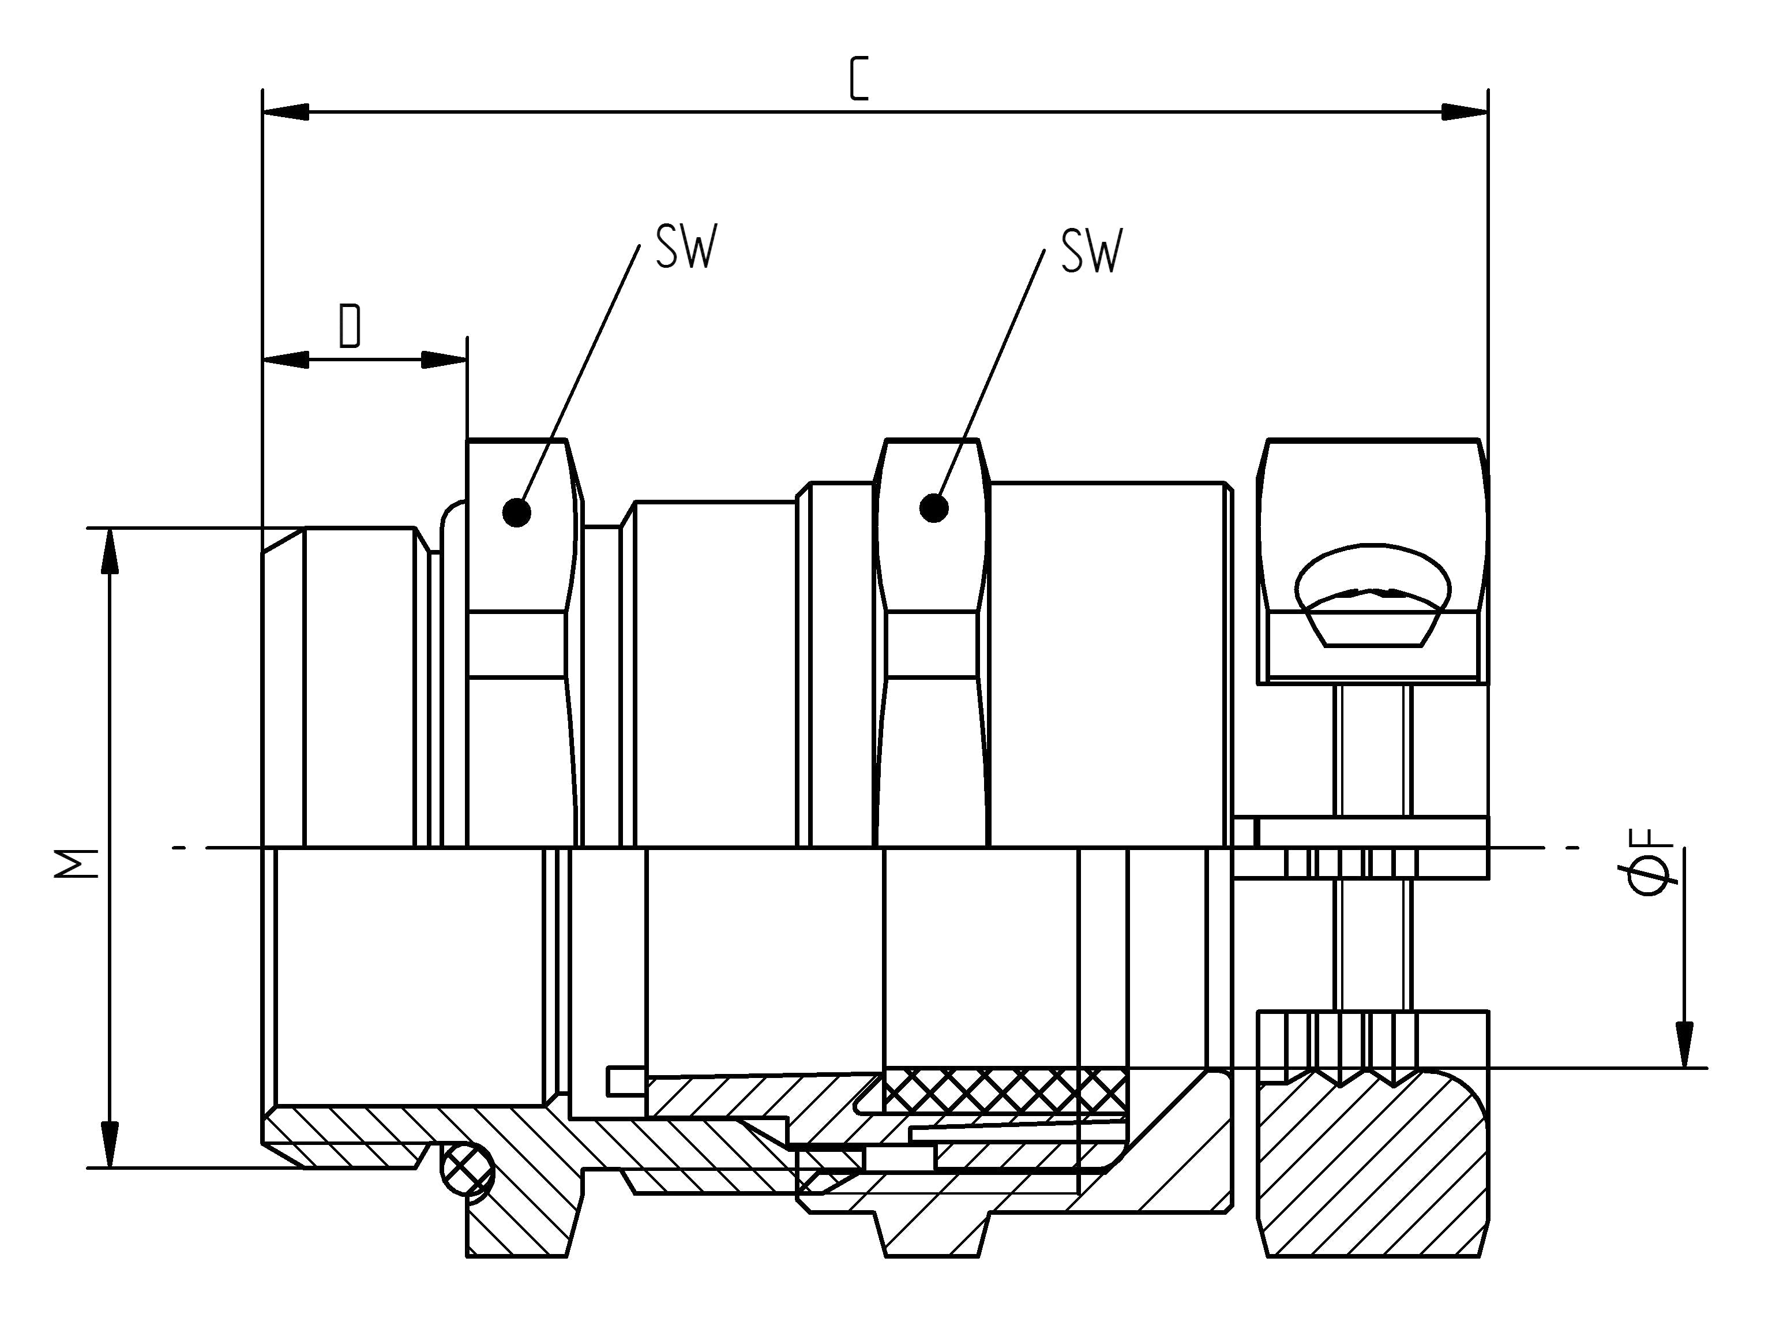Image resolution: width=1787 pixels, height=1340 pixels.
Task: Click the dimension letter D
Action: tap(350, 325)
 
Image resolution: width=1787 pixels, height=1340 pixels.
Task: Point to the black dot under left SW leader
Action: tap(516, 512)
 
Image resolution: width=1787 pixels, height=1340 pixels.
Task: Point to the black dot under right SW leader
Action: tap(934, 508)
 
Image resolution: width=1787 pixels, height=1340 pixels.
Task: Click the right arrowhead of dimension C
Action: tap(1464, 113)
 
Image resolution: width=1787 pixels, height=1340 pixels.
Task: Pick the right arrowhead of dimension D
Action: tap(444, 360)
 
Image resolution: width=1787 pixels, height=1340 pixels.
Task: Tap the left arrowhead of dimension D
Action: tap(286, 360)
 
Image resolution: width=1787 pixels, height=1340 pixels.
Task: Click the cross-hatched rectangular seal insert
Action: tap(1005, 1090)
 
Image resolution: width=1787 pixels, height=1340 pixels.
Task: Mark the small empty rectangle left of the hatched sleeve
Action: tap(625, 1080)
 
